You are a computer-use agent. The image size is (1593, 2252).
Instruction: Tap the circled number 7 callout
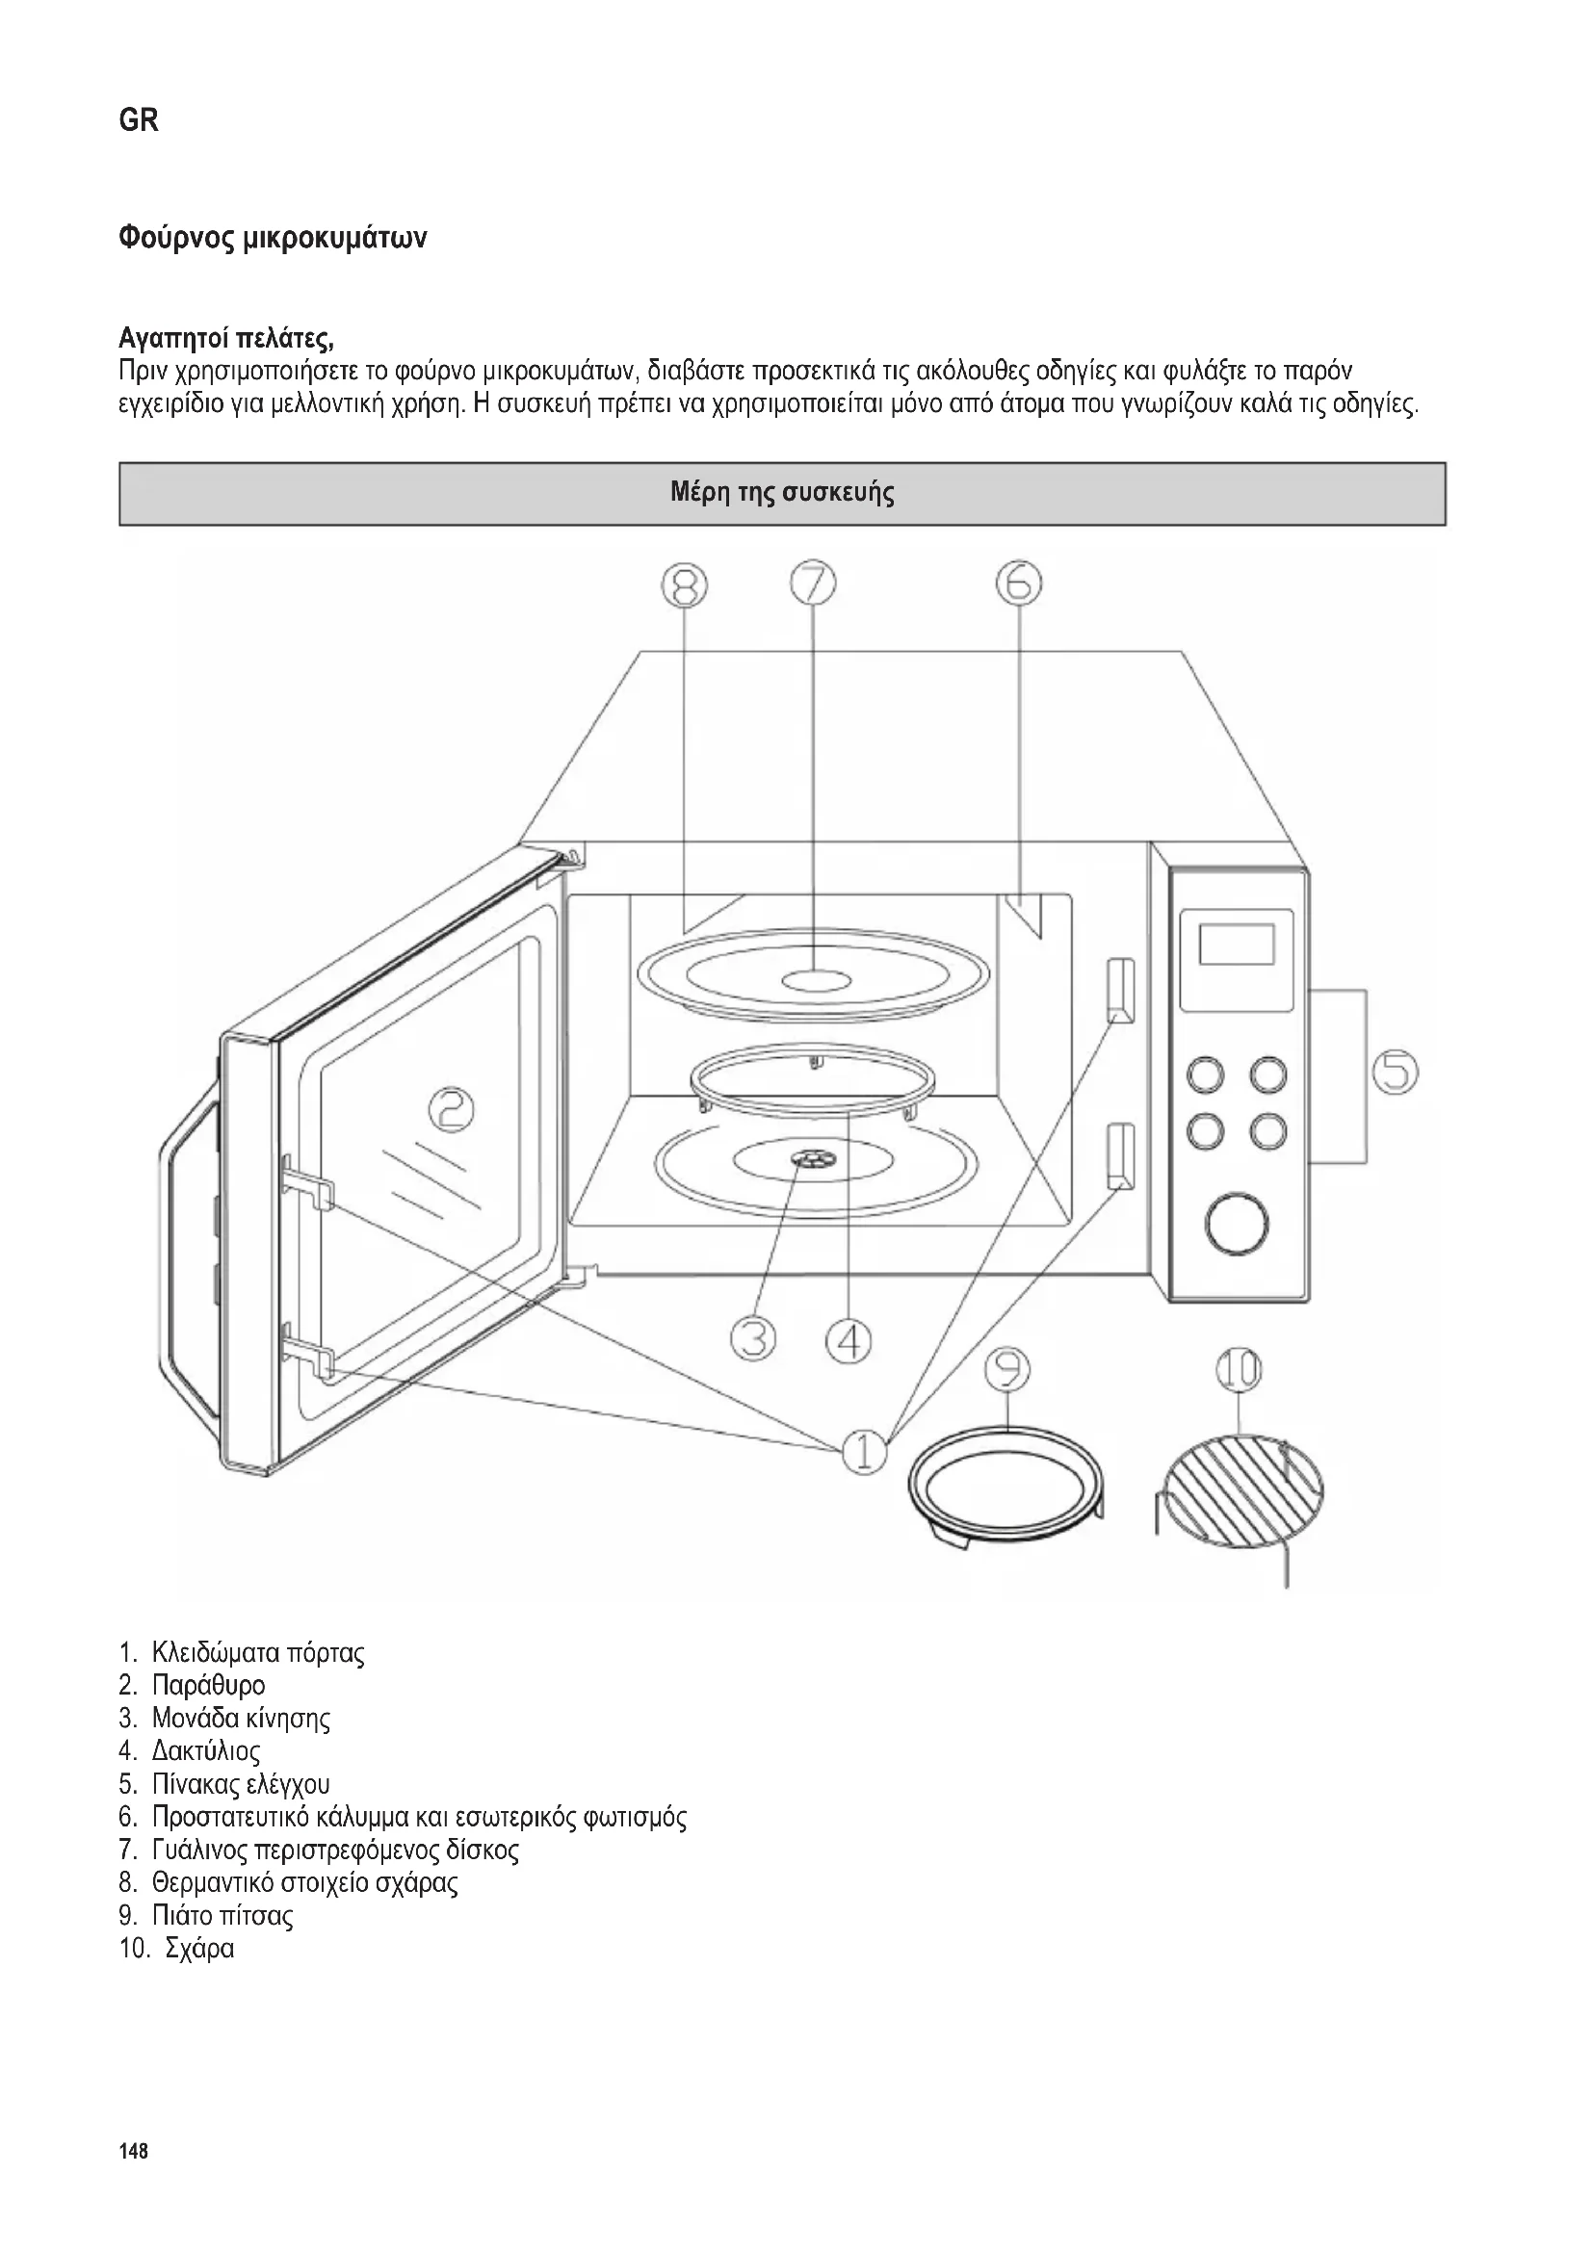click(x=813, y=584)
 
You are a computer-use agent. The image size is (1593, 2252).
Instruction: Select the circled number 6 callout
click(x=1019, y=583)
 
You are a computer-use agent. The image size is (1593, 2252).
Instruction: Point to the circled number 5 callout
click(x=1395, y=1071)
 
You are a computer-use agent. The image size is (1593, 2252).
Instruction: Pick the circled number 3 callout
click(x=753, y=1339)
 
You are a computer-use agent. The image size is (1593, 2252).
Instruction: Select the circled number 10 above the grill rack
click(x=1239, y=1370)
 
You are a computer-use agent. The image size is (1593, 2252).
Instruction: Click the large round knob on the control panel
click(x=1237, y=1223)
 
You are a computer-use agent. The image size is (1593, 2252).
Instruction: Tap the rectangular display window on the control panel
click(x=1237, y=944)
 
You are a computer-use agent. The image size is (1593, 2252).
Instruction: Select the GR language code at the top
click(x=139, y=121)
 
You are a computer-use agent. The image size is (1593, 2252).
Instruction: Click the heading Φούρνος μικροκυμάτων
click(x=273, y=239)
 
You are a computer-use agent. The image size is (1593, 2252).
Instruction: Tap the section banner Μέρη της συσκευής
click(x=782, y=492)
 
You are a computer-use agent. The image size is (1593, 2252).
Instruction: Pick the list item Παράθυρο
click(x=208, y=1685)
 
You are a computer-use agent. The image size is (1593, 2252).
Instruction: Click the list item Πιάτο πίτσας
click(x=222, y=1915)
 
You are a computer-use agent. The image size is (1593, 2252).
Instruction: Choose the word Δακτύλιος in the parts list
click(x=206, y=1750)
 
